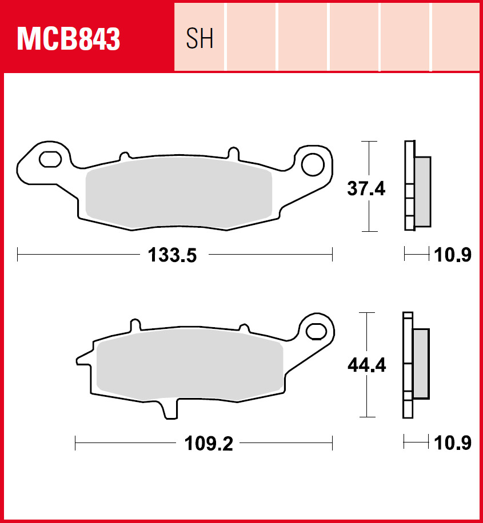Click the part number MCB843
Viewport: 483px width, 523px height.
(68, 39)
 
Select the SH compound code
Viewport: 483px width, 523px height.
(199, 38)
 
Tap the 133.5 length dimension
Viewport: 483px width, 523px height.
(173, 255)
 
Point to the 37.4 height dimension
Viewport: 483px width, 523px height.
(366, 188)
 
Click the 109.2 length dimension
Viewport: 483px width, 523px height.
(209, 444)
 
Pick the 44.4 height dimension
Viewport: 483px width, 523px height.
(366, 365)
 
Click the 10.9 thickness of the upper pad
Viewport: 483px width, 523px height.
(453, 255)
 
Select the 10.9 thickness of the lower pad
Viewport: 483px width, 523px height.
(453, 443)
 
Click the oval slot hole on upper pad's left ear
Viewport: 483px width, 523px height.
(50, 159)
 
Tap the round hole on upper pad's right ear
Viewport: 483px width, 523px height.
(313, 165)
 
